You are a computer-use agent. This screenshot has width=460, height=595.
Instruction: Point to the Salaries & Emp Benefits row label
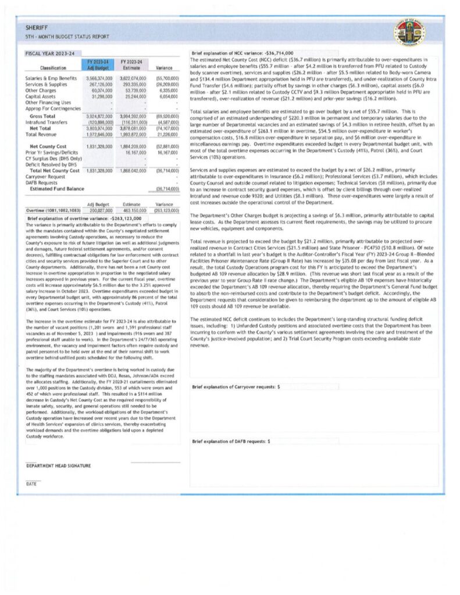tap(51, 77)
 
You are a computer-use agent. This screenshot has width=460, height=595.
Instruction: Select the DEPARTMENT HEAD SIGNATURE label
tap(58, 466)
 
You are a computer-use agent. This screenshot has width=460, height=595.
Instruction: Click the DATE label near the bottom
tap(31, 483)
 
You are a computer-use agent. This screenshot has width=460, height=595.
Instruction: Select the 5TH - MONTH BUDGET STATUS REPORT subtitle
tap(67, 37)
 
